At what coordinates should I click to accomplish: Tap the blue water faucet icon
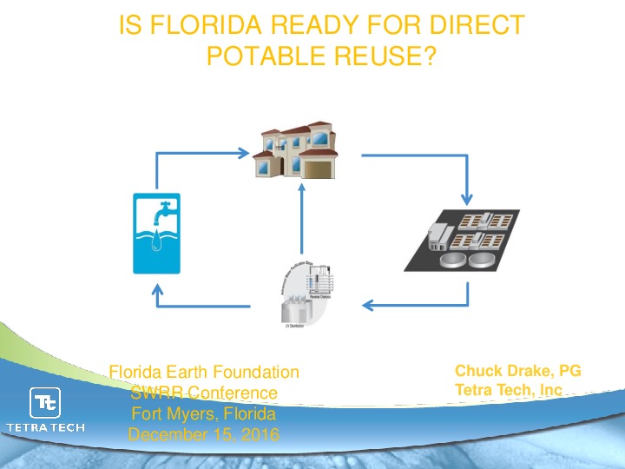[x=157, y=233]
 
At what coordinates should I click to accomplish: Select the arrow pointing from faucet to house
[x=200, y=155]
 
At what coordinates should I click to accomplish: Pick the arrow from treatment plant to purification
[x=417, y=304]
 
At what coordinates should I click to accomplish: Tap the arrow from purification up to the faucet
[x=200, y=304]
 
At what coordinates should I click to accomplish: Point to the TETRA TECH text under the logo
[x=45, y=427]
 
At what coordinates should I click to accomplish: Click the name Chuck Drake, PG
[x=517, y=372]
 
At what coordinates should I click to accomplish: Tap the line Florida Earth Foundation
[x=204, y=373]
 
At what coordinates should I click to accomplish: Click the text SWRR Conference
[x=204, y=393]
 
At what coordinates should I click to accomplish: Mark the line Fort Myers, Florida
[x=204, y=413]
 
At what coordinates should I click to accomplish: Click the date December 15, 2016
[x=204, y=434]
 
